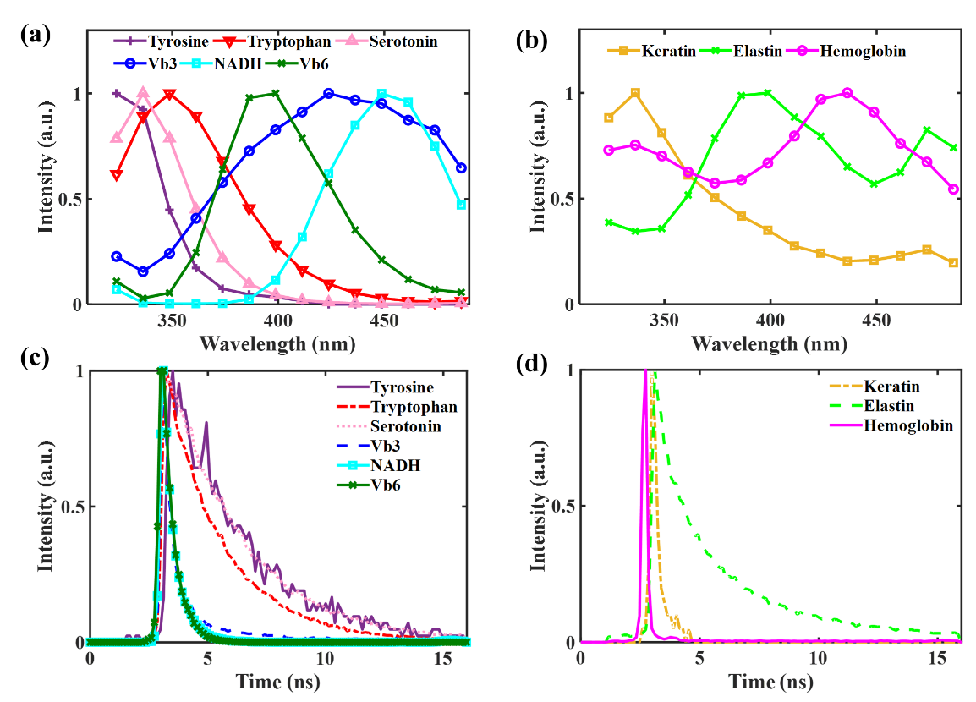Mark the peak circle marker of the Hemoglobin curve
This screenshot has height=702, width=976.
click(x=847, y=93)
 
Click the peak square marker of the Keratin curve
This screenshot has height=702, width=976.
click(x=635, y=93)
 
